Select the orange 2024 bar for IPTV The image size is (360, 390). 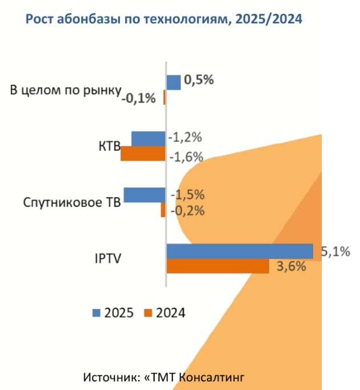(x=217, y=266)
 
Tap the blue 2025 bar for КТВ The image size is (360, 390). (x=148, y=139)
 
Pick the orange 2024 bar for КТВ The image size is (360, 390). (x=143, y=154)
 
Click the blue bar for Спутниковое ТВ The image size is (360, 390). (x=144, y=195)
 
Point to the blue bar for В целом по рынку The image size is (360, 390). (x=173, y=83)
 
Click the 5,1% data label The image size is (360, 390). (x=335, y=251)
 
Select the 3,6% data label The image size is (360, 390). (x=291, y=266)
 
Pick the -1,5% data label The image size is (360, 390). (x=187, y=195)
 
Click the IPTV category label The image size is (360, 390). (x=107, y=258)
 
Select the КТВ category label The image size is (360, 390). (x=109, y=146)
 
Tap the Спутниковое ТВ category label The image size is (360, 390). (x=72, y=203)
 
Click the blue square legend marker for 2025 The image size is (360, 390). (x=97, y=312)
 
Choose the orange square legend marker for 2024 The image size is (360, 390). (x=149, y=312)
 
